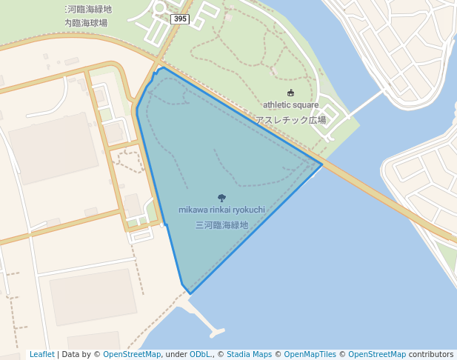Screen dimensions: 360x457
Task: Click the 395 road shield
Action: pos(179,19)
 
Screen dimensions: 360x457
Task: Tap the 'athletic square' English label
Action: pos(290,105)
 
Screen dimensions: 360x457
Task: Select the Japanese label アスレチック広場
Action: pos(290,119)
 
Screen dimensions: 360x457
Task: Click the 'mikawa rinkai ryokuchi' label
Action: pos(221,210)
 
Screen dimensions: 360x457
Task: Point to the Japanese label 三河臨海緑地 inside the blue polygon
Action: pos(221,224)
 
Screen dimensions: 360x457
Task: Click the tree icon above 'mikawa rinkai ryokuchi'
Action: pos(221,198)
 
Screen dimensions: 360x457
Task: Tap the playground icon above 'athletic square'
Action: pos(290,93)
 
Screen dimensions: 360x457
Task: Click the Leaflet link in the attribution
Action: pos(41,355)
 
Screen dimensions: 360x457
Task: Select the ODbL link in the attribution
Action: pos(201,355)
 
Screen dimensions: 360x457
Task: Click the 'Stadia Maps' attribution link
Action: pos(249,355)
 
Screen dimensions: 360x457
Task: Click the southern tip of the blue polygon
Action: pos(190,293)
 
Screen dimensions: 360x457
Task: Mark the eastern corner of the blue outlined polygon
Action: pos(321,164)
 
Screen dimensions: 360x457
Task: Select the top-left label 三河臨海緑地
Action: pos(87,10)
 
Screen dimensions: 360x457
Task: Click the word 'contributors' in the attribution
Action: pos(431,355)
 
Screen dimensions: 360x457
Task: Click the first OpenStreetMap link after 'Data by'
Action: pos(132,355)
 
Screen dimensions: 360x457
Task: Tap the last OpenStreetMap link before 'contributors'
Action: pos(377,355)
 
